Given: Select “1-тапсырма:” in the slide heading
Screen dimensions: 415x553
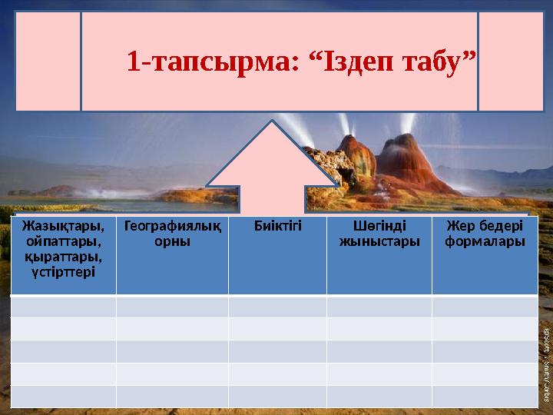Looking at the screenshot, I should pos(214,59).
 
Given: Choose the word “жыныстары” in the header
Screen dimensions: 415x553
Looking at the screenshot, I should pos(379,241).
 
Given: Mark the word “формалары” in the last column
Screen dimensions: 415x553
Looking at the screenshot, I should pos(485,241).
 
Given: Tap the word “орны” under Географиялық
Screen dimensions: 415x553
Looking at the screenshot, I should pos(172,241).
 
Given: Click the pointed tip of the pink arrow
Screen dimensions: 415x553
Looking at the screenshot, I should pos(273,122).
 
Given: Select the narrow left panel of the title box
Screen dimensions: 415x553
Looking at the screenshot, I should pos(48,61).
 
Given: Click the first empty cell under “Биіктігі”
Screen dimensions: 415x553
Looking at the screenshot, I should pos(277,307).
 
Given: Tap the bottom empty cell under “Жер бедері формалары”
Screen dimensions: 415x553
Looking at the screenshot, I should pos(485,396).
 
